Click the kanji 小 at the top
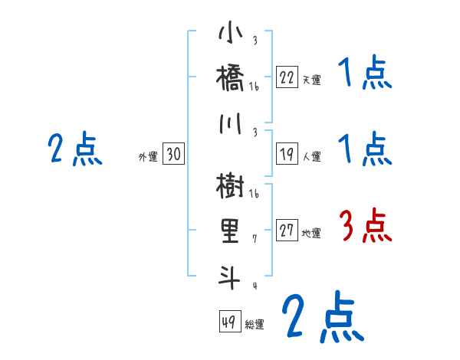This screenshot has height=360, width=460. click(230, 35)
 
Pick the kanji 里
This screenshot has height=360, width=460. click(230, 231)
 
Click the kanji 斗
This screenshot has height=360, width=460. click(230, 275)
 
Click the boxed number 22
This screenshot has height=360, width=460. click(287, 77)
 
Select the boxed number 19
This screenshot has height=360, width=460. click(287, 154)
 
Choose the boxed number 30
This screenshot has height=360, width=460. click(173, 154)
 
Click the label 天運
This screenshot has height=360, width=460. click(311, 80)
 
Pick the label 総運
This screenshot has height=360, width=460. click(255, 325)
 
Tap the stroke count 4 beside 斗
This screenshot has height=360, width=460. click(255, 286)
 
